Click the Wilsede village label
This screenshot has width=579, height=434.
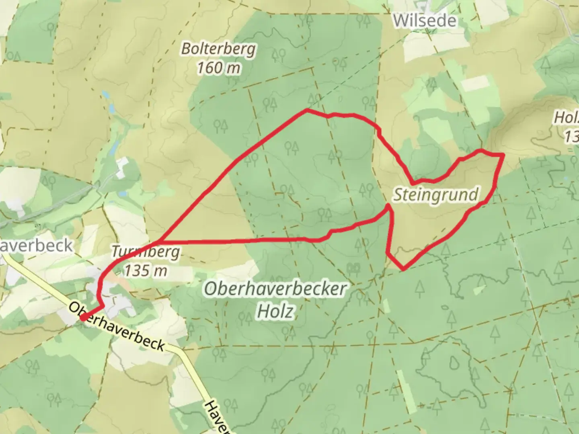(425, 20)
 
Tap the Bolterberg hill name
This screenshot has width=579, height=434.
(218, 49)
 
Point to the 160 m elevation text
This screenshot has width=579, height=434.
(218, 68)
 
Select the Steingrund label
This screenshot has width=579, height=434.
(435, 195)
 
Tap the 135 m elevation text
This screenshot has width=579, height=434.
(145, 271)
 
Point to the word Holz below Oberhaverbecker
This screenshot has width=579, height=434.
(275, 311)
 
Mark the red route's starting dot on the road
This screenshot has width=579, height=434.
(83, 317)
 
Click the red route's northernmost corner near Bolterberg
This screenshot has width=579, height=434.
(307, 109)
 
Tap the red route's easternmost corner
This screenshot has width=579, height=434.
(503, 155)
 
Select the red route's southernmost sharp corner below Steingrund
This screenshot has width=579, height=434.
(403, 268)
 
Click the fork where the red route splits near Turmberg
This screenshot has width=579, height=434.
(160, 242)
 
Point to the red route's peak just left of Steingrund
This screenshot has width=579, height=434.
(388, 206)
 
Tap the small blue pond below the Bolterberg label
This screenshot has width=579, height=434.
(105, 95)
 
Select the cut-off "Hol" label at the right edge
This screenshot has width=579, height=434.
(567, 118)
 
